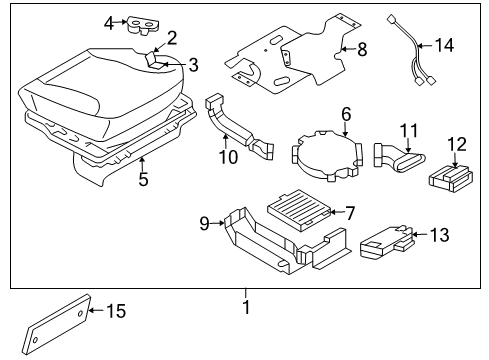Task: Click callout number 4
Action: point(110,21)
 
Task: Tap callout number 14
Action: point(443,44)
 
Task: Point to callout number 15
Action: point(117,312)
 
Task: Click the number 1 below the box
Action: point(245,306)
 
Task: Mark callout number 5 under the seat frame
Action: point(143,181)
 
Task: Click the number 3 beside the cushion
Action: point(193,66)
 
